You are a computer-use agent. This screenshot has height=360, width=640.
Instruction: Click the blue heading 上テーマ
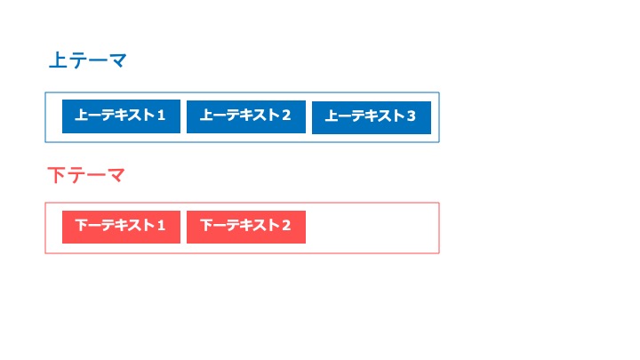(x=88, y=60)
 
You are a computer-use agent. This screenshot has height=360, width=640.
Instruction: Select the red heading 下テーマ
(x=86, y=175)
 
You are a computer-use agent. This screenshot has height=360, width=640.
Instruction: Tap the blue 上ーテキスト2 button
(x=246, y=116)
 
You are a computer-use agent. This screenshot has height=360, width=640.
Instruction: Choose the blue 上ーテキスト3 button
(x=372, y=117)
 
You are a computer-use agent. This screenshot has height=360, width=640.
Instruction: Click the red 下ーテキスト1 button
(x=121, y=227)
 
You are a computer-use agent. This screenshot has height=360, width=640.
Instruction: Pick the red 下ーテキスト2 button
(x=246, y=227)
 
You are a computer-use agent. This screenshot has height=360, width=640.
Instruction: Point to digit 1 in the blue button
(x=161, y=116)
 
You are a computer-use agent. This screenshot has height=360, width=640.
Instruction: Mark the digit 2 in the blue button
(x=286, y=116)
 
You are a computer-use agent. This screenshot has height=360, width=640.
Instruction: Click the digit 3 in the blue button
(x=411, y=116)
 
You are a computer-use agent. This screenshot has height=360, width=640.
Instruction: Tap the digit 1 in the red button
(x=161, y=225)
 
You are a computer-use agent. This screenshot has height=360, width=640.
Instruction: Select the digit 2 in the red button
(x=286, y=225)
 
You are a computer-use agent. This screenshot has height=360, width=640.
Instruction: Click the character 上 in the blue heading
(x=58, y=60)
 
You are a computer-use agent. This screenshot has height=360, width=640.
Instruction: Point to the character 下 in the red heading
(x=56, y=175)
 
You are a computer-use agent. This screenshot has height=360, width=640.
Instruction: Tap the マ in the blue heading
(x=117, y=60)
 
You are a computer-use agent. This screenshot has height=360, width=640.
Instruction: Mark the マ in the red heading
(x=115, y=176)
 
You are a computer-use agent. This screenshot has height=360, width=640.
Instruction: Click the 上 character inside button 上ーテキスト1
(x=82, y=115)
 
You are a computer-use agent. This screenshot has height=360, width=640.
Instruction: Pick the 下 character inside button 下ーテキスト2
(x=207, y=225)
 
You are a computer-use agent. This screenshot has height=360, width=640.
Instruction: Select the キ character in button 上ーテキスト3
(x=371, y=116)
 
